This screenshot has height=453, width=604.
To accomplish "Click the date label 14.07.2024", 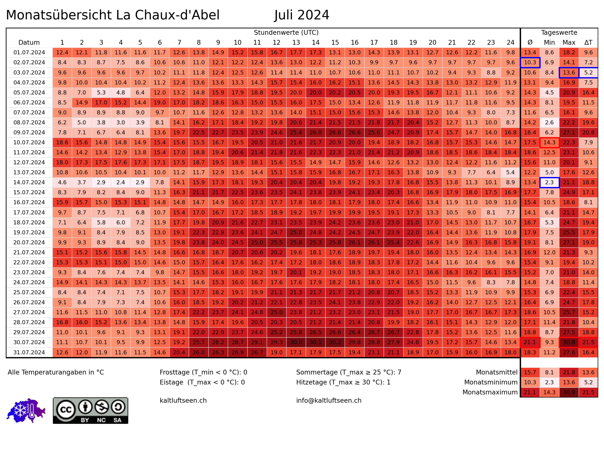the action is [29, 182].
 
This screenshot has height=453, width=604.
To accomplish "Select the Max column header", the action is [569, 43].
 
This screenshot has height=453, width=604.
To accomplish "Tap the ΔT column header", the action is [588, 43].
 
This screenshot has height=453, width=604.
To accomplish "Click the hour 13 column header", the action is [296, 43].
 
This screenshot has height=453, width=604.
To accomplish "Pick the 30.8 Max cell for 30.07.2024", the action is [569, 342].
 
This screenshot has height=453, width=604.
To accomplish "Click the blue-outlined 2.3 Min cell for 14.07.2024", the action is [549, 182].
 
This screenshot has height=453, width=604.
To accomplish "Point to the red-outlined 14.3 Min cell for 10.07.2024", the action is [549, 143].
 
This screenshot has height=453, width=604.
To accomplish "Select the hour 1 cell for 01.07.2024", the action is [62, 52].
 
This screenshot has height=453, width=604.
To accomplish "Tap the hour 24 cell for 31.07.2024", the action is [510, 352].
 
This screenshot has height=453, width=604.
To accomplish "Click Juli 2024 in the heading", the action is [302, 15].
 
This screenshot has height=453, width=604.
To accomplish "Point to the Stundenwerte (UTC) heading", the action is [286, 33].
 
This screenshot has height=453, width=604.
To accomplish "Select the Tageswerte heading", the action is [559, 33].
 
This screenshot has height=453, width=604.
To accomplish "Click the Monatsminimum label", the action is [491, 382].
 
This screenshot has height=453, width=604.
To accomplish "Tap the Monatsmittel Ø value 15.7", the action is [530, 372].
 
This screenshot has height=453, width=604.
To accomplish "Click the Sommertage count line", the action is [349, 372].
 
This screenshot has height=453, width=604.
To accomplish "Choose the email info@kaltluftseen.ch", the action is [329, 400].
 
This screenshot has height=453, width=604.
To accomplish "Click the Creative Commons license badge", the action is [90, 410].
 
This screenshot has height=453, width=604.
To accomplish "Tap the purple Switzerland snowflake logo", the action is [26, 410].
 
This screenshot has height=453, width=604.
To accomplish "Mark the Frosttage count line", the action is [203, 372].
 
